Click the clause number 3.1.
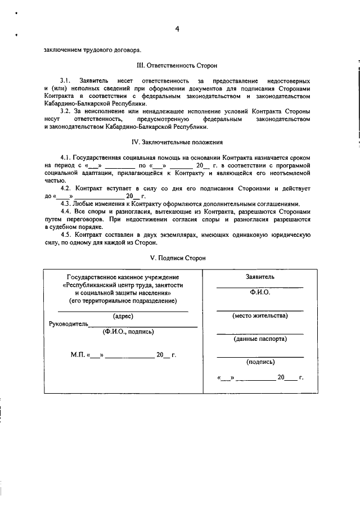[65, 81]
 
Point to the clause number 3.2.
[65, 111]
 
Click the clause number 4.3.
[65, 203]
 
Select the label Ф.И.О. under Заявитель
[260, 293]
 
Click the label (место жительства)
[260, 316]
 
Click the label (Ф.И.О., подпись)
[128, 332]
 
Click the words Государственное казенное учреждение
[123, 278]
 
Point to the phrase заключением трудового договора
[89, 49]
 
